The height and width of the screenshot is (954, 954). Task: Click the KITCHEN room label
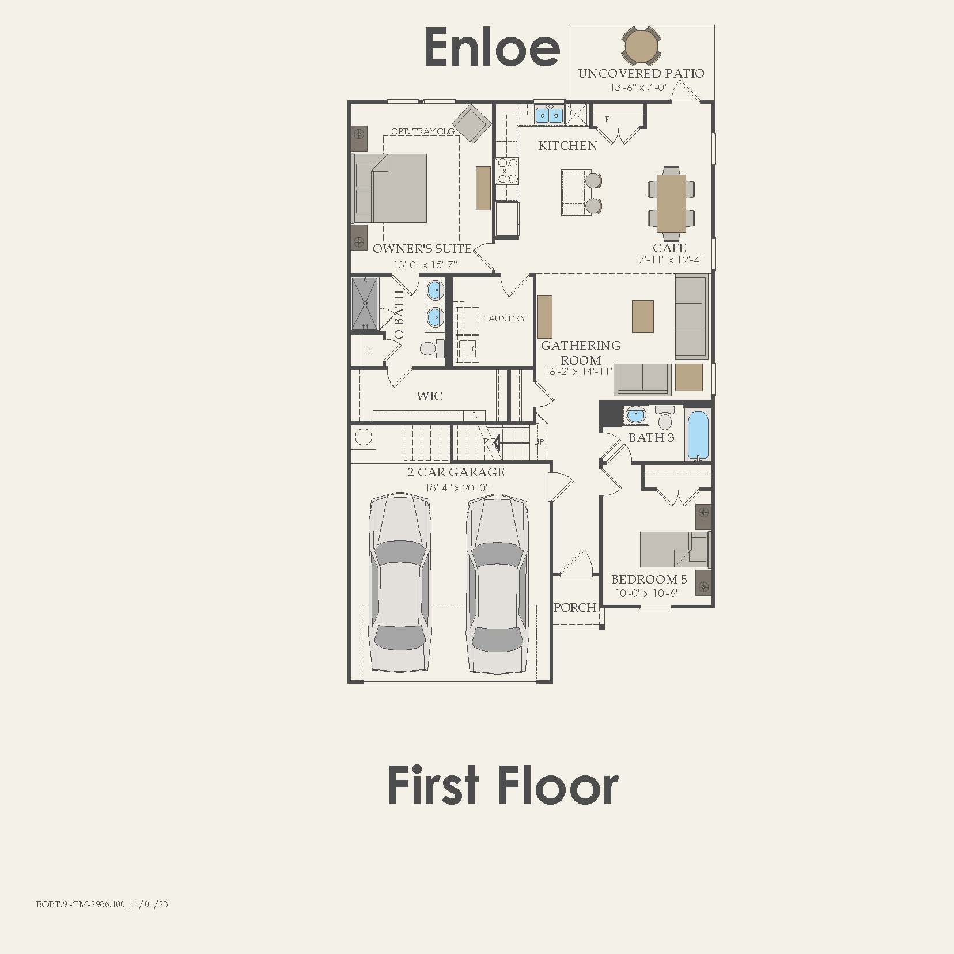click(567, 146)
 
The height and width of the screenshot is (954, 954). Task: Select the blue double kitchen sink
click(548, 115)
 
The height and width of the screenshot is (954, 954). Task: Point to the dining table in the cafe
click(671, 203)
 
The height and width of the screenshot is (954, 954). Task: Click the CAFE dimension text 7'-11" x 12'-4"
click(671, 260)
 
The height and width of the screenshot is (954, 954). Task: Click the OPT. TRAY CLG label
click(423, 131)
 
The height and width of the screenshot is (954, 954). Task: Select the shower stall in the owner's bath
click(365, 303)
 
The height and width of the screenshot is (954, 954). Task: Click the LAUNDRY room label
click(504, 318)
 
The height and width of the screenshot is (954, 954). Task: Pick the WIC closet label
click(429, 396)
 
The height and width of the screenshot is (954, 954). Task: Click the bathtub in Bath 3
click(698, 434)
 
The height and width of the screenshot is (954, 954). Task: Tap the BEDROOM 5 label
click(649, 580)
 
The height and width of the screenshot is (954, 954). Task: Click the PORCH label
click(574, 607)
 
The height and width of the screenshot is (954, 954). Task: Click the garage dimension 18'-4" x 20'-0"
click(457, 487)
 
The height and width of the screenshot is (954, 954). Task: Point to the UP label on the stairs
click(539, 442)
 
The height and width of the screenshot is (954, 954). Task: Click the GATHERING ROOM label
click(580, 352)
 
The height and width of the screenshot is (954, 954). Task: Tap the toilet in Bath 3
click(665, 418)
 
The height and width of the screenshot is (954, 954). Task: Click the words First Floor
click(503, 786)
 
